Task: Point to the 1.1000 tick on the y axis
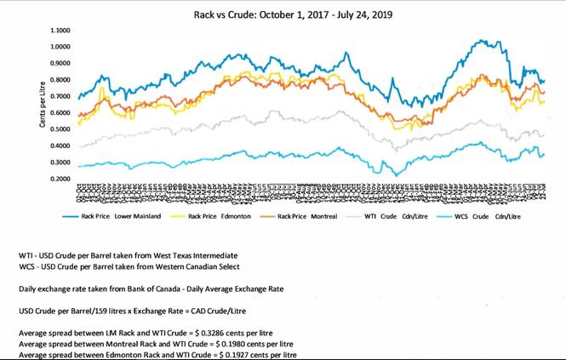click(x=61, y=30)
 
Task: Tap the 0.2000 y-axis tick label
click(x=61, y=180)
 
